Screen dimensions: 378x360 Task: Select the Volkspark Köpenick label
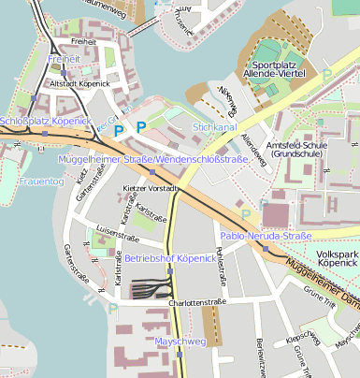click(337, 259)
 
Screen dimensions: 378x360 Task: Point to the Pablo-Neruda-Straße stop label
click(265, 236)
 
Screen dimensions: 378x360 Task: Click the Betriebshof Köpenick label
click(170, 257)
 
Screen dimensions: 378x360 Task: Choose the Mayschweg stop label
click(180, 342)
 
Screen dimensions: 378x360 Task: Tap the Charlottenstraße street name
click(197, 303)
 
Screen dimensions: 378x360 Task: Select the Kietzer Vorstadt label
click(149, 189)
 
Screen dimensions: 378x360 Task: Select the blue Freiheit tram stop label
click(64, 59)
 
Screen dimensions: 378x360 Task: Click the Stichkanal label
click(214, 125)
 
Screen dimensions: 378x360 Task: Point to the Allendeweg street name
click(252, 150)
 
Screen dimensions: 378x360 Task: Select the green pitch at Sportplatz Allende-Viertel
click(270, 50)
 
